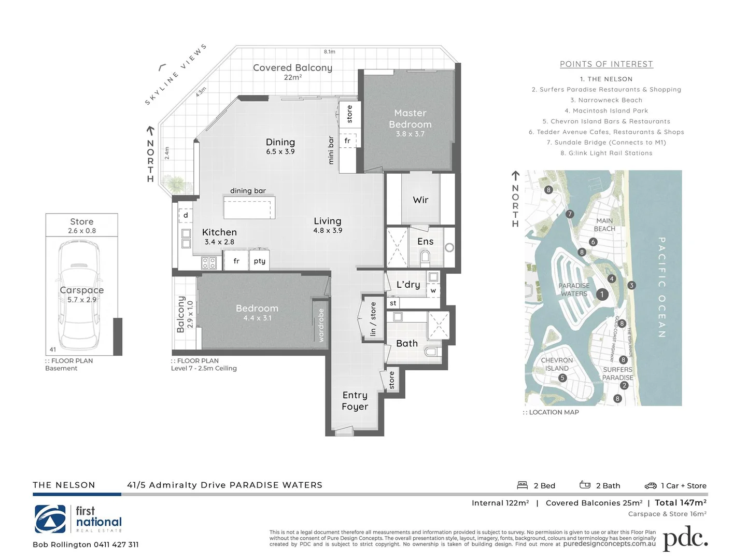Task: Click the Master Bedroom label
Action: tap(410, 119)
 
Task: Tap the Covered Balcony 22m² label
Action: tap(292, 72)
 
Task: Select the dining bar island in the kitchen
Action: tap(249, 207)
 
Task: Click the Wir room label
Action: tap(420, 200)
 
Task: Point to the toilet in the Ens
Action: tap(425, 256)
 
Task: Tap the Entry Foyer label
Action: tap(355, 401)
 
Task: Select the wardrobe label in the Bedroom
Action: tap(321, 325)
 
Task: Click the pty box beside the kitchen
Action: tap(259, 261)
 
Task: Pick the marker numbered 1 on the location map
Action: tap(602, 294)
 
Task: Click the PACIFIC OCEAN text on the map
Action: tap(662, 287)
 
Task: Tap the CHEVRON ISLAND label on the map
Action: tap(557, 364)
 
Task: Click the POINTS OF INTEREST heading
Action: tap(606, 64)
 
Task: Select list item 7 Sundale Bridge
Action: tap(606, 143)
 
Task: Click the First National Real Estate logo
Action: tap(78, 519)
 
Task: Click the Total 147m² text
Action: tap(680, 502)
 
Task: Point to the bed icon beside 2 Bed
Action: tap(522, 485)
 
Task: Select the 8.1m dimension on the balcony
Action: tap(330, 52)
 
